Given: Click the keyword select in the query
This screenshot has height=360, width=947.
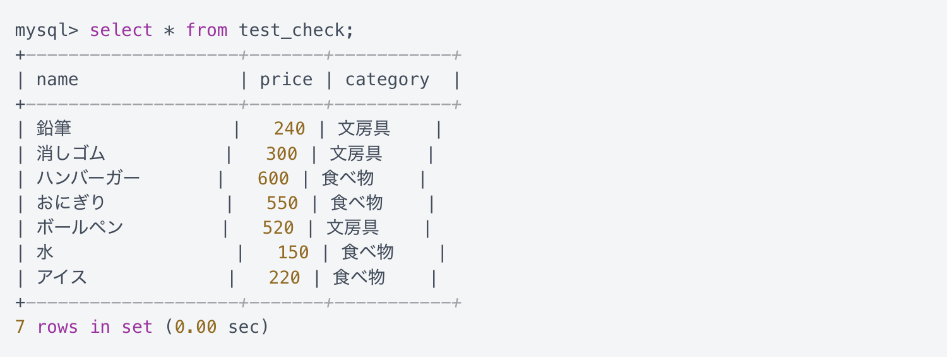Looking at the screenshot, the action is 121,30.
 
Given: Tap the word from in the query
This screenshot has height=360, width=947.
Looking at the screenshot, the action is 206,30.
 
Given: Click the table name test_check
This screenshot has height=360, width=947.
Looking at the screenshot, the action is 292,30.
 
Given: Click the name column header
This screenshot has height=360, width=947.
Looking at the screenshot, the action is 57,80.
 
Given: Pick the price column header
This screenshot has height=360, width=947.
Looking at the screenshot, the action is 286,80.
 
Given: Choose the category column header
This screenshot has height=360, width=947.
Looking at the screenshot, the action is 387,80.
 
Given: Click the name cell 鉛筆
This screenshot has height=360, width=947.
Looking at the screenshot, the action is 54,128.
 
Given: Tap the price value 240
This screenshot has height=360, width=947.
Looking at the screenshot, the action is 290,129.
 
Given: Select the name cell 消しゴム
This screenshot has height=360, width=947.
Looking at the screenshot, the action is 71,153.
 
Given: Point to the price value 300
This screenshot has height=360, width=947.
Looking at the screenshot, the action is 282,153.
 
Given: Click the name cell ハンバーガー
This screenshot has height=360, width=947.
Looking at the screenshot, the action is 88,178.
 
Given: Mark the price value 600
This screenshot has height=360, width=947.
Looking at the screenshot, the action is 273,179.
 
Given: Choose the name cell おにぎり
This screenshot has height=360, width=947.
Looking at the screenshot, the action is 71,203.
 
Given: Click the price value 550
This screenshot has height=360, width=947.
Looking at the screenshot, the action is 282,203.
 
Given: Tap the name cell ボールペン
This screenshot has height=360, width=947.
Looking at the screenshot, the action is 80,227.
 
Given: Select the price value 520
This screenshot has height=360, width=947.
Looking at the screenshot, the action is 278,228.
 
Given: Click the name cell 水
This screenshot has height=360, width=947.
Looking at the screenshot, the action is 45,252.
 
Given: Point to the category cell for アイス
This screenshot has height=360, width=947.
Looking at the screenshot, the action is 359,277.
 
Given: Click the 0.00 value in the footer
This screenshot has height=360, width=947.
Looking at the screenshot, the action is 196,327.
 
